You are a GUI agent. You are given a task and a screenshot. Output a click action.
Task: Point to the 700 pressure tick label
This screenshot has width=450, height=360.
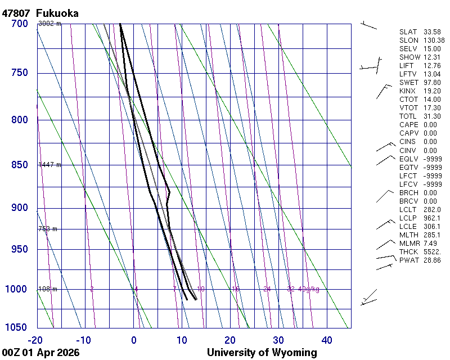coord(19,24)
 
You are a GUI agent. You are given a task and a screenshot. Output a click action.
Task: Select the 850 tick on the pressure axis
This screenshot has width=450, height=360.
coord(19,165)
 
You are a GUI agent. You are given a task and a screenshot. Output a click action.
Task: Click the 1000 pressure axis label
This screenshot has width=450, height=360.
coord(17,289)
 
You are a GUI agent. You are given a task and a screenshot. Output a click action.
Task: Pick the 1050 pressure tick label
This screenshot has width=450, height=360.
coord(17,328)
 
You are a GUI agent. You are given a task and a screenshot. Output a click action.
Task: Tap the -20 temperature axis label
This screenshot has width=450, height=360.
coord(35,340)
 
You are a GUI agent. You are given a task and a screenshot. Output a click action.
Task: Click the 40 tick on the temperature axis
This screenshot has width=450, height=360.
coord(327,340)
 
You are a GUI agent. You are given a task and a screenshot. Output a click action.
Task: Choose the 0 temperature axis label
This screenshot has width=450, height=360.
coord(133,340)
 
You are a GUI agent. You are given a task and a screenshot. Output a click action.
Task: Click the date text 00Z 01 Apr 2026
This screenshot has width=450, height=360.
coord(40,353)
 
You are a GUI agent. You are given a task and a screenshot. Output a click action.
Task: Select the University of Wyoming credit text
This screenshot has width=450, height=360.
coord(262,353)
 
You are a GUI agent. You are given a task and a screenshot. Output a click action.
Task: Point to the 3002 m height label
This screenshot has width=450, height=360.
coord(49,24)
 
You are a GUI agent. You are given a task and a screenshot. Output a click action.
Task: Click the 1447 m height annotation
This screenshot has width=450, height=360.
coord(49,165)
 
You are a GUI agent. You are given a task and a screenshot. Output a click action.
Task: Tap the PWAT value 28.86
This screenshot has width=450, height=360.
coord(433,260)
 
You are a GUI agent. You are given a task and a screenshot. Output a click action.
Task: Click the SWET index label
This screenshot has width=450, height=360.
coord(409,83)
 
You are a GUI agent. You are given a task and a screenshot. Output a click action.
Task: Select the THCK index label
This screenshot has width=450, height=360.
coord(409,252)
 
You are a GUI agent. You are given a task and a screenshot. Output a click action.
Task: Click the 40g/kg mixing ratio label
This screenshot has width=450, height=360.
coord(309,289)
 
